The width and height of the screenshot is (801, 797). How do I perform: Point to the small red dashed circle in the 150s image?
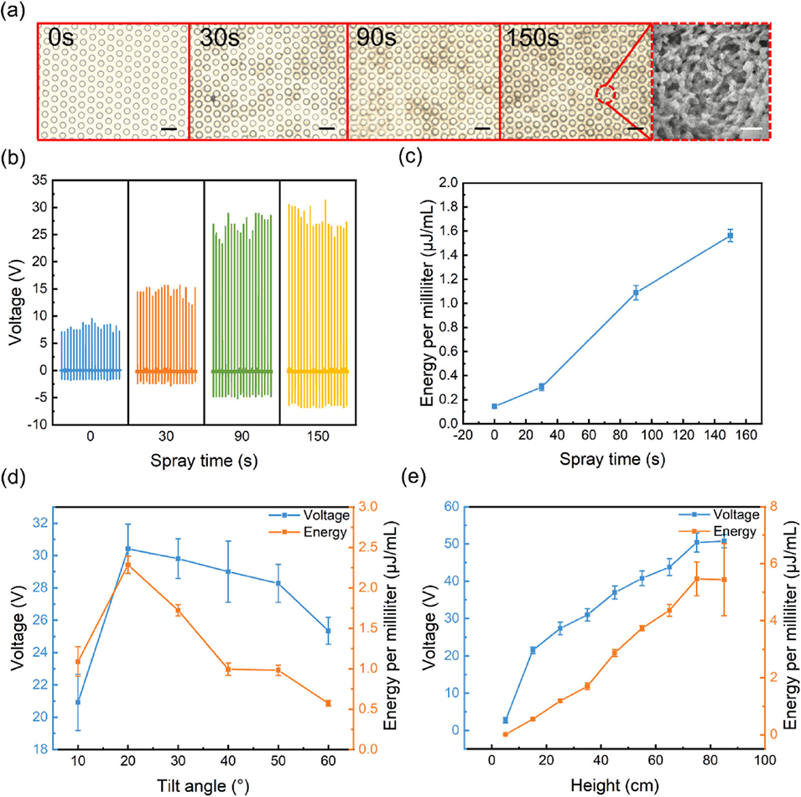pos(607,94)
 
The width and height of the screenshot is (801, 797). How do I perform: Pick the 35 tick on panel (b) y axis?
pos(38,180)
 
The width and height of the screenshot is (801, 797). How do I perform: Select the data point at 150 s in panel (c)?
pos(731,236)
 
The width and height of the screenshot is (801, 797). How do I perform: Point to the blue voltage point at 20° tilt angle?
pos(127,549)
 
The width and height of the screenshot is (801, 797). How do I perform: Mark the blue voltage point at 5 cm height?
pos(506,720)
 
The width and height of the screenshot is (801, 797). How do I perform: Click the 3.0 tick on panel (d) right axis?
pos(362,507)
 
